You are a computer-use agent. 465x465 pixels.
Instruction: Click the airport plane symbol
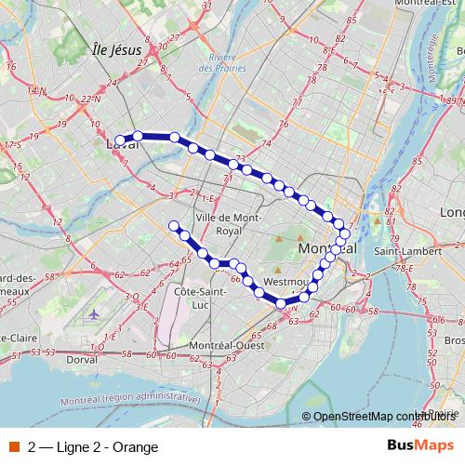(x=96, y=314)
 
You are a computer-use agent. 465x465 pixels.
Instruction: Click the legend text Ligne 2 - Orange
(x=94, y=445)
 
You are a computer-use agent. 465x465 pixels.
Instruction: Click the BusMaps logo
(x=420, y=445)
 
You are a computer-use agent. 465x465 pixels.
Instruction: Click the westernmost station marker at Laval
(x=120, y=140)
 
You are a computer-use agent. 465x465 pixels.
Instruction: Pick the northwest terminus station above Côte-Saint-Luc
(x=173, y=225)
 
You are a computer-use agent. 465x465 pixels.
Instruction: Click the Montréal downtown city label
(x=327, y=250)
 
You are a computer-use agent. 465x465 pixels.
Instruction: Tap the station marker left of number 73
(x=232, y=164)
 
